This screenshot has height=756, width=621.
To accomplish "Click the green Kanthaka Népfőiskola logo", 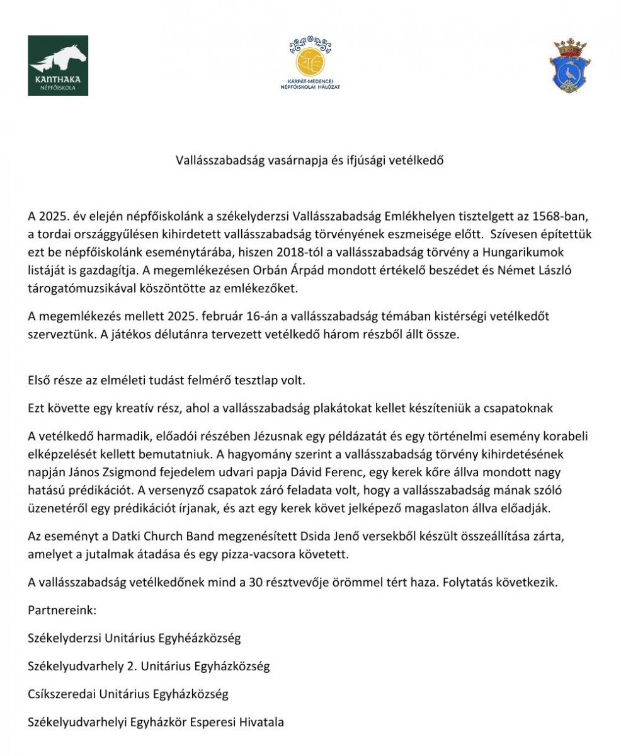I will [58, 66].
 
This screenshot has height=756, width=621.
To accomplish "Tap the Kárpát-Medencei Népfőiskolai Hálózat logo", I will [309, 64].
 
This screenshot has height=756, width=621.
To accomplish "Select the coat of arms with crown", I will [571, 66].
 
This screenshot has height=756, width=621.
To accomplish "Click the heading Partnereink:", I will [62, 610].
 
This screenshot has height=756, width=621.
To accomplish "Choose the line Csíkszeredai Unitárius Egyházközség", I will [128, 694].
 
